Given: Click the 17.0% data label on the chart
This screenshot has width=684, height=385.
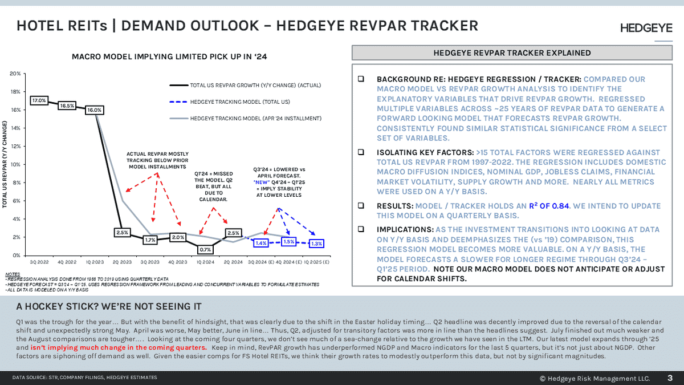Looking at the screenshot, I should (39, 100).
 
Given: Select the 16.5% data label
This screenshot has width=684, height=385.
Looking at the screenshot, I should (67, 106).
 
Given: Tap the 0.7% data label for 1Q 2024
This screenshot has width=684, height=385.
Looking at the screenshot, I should (206, 249).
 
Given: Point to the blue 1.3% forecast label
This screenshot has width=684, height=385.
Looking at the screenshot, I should (316, 244).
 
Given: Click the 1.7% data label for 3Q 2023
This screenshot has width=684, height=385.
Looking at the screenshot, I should (150, 240).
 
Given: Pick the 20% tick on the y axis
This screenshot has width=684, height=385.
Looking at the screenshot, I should (16, 74).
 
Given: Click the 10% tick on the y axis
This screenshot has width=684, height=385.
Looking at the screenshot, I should (16, 164).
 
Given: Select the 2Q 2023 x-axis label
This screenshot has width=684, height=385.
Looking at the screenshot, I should (122, 262).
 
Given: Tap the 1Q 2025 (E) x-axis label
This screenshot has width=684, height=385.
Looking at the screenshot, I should (317, 262).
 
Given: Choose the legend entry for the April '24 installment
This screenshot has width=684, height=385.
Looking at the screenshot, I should (256, 118).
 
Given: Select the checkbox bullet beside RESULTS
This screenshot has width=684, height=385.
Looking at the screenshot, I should (361, 205).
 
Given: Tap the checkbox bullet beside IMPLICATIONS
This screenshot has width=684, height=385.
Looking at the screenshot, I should (361, 228).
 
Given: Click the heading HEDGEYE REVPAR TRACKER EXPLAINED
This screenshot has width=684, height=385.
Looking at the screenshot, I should (512, 53).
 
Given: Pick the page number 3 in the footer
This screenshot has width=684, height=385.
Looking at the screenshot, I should (670, 378).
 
